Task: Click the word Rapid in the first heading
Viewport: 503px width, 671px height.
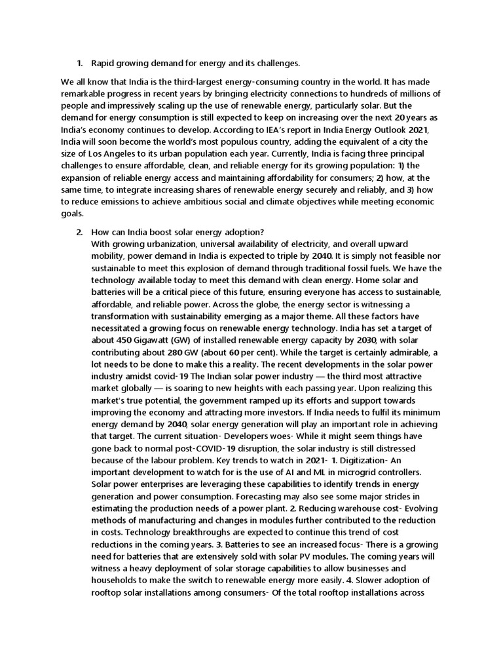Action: coord(102,64)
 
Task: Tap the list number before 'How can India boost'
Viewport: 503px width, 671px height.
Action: coord(79,233)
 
